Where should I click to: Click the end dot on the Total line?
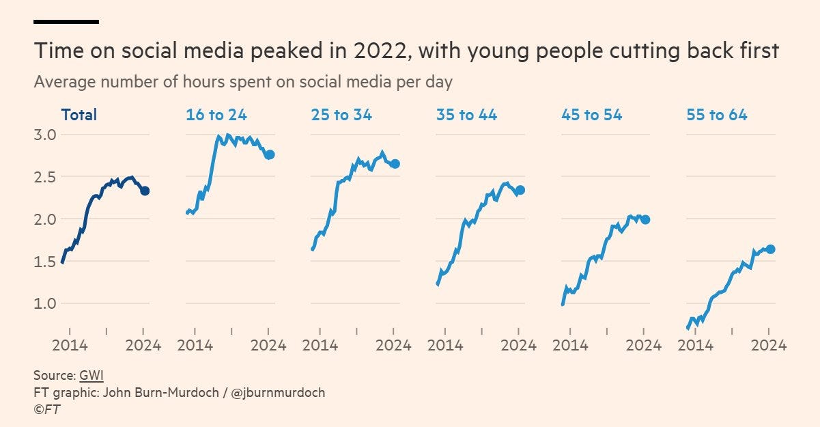coord(145,191)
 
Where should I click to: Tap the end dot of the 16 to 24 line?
coord(270,154)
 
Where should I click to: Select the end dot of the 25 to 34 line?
coord(395,163)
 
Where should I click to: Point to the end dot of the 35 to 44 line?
coord(520,190)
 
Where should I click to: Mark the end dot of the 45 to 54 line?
coord(645,219)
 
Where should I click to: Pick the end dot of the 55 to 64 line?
coord(770,249)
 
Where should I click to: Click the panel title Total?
coord(79,115)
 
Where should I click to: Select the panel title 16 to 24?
coord(216,115)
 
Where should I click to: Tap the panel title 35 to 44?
coord(466,115)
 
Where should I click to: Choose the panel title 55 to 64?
coord(716,115)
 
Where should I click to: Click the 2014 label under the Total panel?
coord(70,345)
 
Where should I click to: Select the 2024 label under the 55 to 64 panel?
coord(769,345)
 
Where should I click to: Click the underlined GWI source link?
coord(91,375)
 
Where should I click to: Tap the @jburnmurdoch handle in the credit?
coord(281,392)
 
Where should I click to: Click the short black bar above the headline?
coord(66,22)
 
